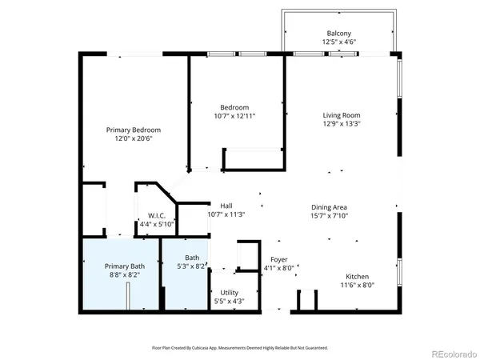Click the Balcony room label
coord(338,33)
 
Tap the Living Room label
coord(342,115)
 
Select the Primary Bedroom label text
coord(134,130)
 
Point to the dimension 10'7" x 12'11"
coord(235,116)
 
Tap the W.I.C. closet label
coord(156,216)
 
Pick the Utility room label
coord(229,293)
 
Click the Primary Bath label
coord(125,266)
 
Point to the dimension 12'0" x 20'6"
coord(134,138)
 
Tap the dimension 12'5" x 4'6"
coord(338,42)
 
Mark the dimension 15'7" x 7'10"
coord(329,217)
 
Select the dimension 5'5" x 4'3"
coord(229,302)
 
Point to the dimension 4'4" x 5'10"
coord(156,225)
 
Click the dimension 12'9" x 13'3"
coord(342,124)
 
